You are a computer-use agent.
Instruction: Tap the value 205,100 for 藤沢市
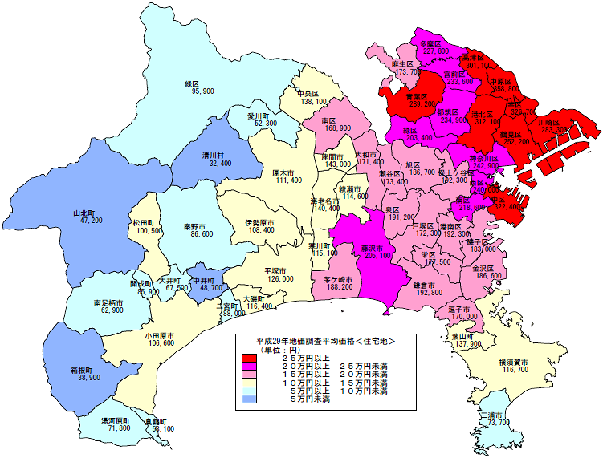pyautogui.click(x=376, y=257)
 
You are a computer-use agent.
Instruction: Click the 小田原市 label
pyautogui.click(x=161, y=334)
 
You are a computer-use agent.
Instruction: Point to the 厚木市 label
pyautogui.click(x=288, y=172)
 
